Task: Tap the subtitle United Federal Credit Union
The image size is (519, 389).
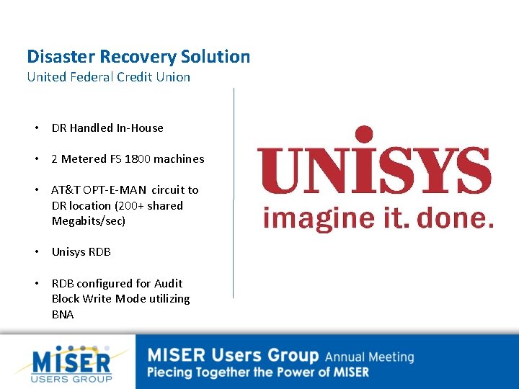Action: [108, 77]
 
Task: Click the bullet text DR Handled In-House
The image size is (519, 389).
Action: [107, 128]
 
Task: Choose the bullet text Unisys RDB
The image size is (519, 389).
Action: [81, 252]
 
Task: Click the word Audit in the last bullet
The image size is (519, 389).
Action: [169, 284]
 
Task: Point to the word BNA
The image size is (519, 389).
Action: [63, 315]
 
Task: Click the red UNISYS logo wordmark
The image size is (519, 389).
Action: [375, 171]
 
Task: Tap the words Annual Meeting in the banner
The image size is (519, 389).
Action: [369, 357]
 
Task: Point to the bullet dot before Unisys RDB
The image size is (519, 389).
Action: [36, 252]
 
